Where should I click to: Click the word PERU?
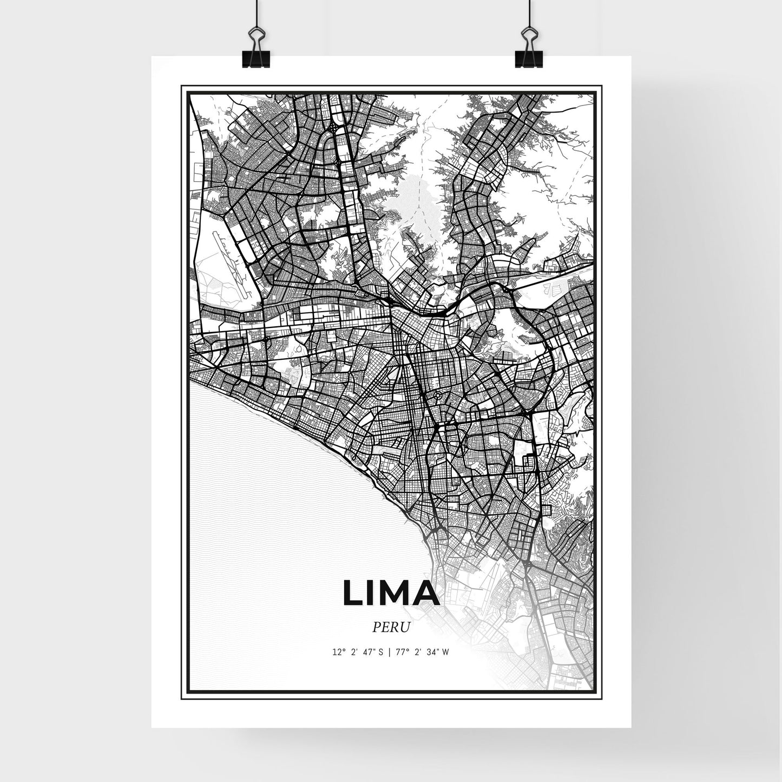[x=391, y=627]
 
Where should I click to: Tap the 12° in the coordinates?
[x=339, y=652]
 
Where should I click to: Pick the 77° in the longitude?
[x=400, y=652]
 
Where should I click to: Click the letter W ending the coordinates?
[x=445, y=652]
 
